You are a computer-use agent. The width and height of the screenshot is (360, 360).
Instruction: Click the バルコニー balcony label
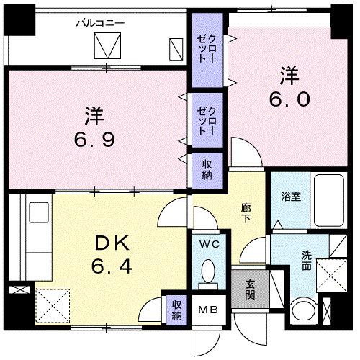pos(100,23)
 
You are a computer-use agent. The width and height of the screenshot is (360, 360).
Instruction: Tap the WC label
pos(210,245)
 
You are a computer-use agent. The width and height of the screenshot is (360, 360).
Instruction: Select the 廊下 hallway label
pos(246,212)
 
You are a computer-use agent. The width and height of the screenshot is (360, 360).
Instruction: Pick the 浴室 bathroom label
pos(290,195)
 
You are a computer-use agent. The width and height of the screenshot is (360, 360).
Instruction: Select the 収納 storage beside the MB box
pos(176,308)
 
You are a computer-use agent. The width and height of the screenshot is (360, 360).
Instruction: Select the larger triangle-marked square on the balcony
pos(109,48)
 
